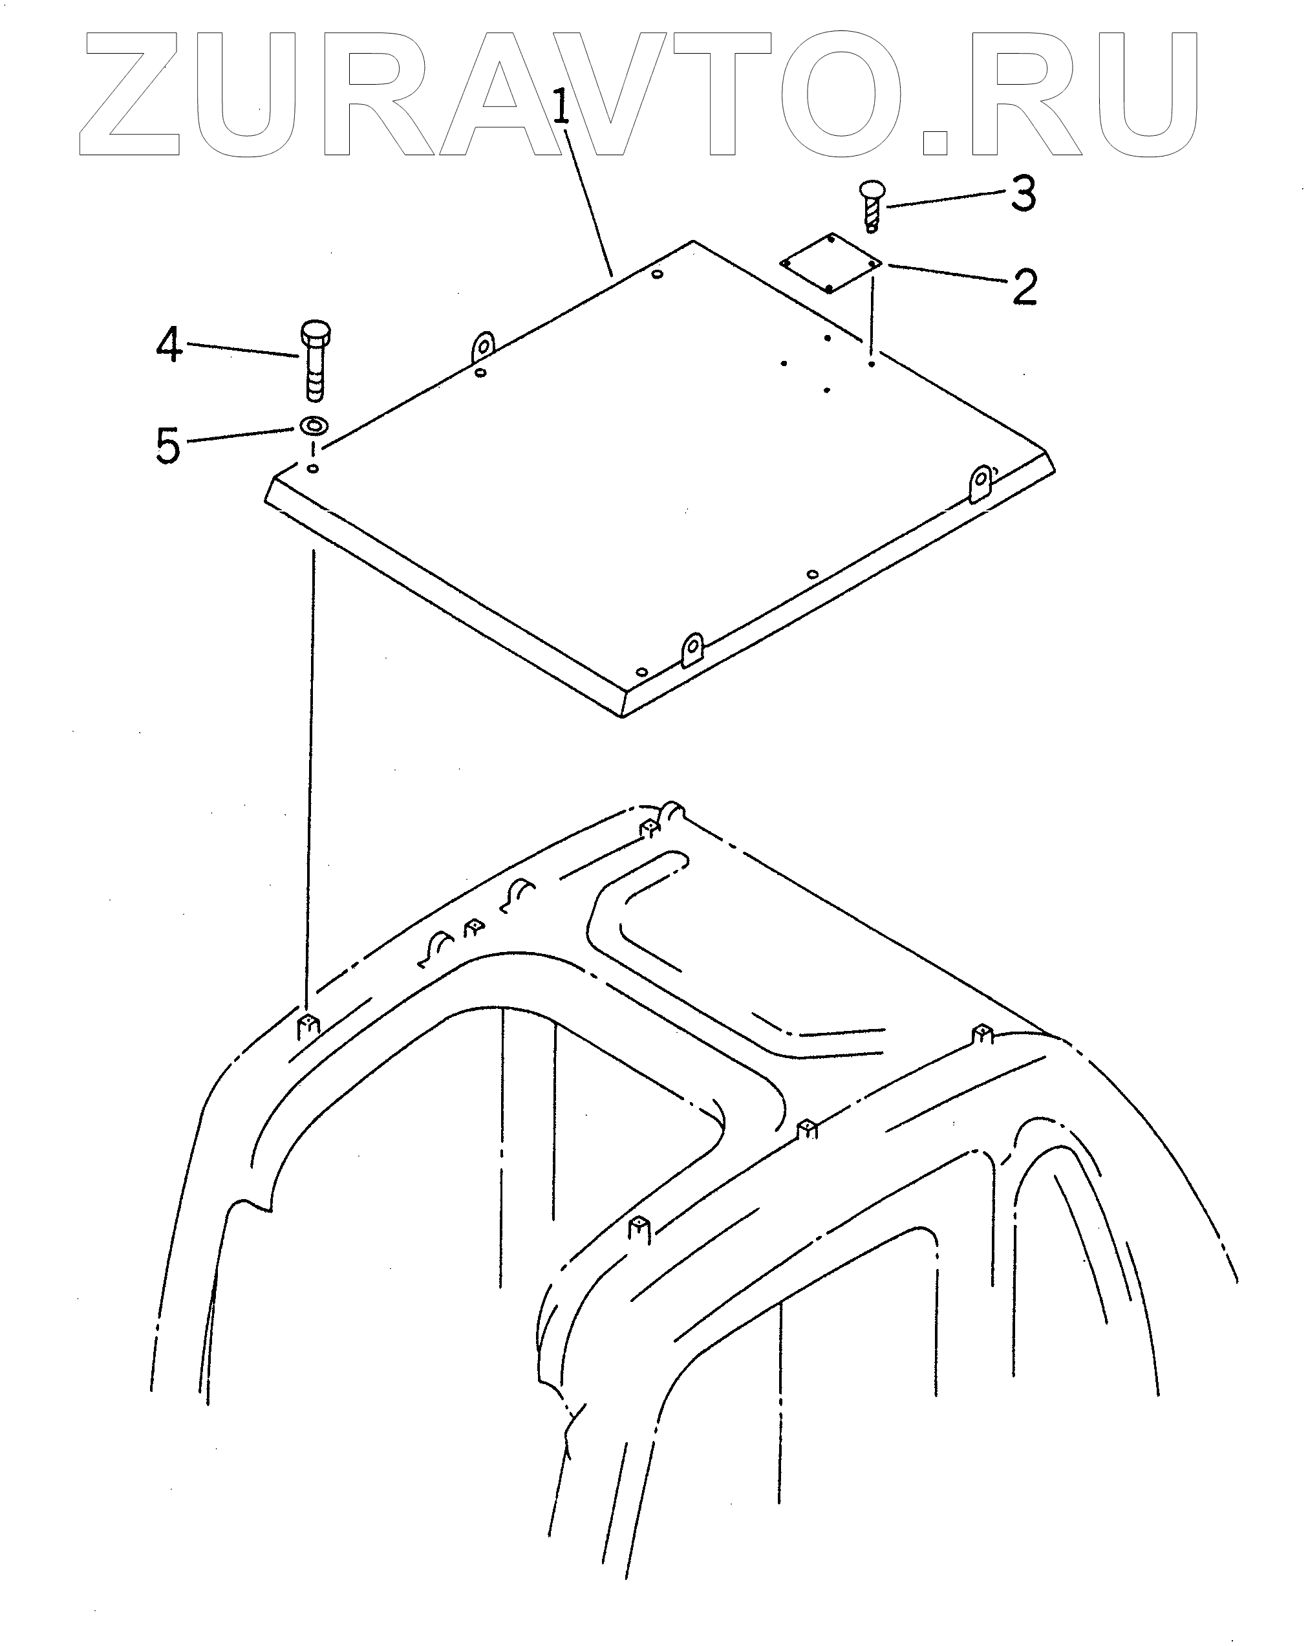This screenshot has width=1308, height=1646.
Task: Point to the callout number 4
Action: [169, 345]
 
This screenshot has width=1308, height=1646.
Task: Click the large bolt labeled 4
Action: [314, 359]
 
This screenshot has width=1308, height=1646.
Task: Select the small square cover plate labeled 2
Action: [830, 263]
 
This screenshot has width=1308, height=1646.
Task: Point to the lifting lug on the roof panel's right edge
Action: [981, 483]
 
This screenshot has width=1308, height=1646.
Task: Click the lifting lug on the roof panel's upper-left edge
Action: [482, 347]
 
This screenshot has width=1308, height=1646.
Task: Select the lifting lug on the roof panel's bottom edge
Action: [692, 649]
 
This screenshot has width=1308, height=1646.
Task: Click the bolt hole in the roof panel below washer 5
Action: [313, 468]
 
